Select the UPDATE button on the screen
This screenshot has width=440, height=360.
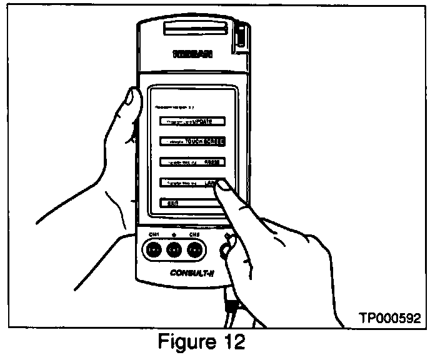[191, 121]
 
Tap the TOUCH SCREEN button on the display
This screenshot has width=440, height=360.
[191, 141]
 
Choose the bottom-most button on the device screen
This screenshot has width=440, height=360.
[187, 203]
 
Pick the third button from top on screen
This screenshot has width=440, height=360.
[191, 162]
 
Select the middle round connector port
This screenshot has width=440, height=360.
[174, 251]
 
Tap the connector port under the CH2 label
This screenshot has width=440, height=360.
[194, 251]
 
